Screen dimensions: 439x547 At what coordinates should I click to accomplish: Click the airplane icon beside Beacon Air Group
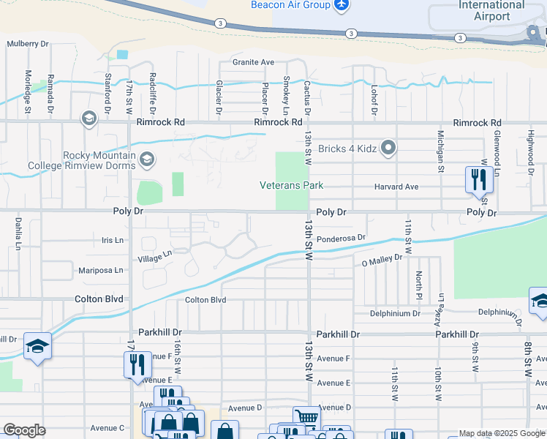341,6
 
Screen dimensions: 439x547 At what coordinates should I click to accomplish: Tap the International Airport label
491,10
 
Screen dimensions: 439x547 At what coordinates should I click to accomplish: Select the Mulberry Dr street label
28,44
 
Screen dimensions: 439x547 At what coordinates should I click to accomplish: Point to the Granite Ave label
253,62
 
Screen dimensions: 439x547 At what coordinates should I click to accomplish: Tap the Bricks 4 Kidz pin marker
388,149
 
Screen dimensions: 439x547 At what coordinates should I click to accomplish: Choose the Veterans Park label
291,185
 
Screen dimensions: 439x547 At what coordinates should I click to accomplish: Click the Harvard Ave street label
396,187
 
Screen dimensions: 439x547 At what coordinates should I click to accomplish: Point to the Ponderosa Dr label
341,237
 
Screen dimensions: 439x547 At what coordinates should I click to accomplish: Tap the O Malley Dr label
382,258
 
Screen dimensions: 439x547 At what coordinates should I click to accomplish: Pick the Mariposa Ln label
102,271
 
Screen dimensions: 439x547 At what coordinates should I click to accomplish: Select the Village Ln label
155,256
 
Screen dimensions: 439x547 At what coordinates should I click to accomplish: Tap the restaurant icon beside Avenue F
137,363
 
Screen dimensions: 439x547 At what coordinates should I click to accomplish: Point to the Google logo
24,430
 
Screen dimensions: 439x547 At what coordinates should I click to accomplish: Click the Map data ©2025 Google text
501,433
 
